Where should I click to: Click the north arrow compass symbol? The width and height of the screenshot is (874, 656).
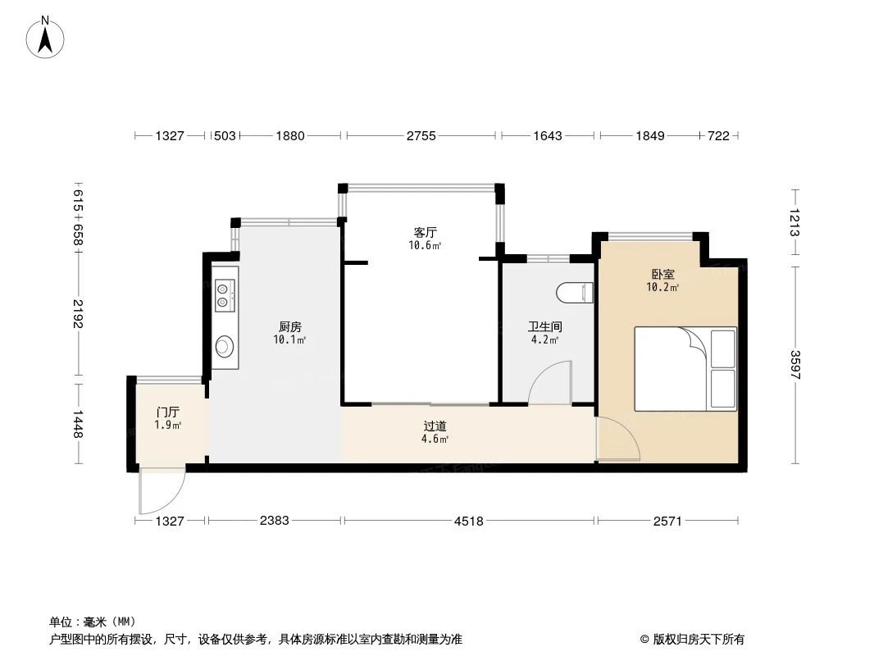[x=46, y=37]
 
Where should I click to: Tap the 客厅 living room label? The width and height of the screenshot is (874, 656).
[x=425, y=232]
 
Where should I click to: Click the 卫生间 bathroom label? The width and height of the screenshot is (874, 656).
[x=544, y=326]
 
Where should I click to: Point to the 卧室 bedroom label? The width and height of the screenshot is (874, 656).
[x=662, y=275]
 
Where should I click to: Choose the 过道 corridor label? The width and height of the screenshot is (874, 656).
[x=435, y=426]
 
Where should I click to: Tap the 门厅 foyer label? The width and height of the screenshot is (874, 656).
[x=168, y=412]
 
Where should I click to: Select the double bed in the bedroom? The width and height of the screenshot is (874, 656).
[x=685, y=368]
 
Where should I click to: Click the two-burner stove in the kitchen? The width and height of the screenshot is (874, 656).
[x=223, y=295]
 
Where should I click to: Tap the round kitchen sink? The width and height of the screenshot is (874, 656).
[x=223, y=346]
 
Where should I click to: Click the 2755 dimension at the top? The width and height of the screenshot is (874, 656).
[x=421, y=136]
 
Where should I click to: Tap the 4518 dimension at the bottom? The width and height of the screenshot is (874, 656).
[x=469, y=521]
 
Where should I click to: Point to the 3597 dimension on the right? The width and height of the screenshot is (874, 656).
[x=794, y=365]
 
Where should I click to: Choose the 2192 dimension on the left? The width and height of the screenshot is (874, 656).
[x=78, y=312]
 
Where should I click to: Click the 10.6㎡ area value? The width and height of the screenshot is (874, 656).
[x=425, y=245]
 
